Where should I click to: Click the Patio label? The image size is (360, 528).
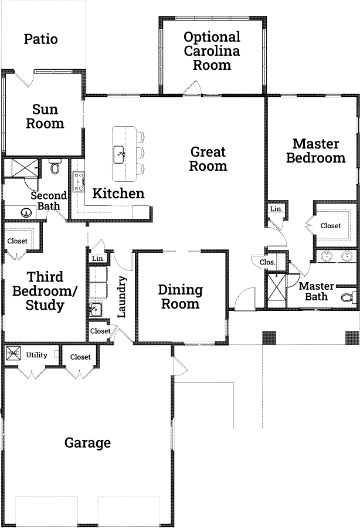(40, 39)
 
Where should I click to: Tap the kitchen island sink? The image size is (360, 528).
(119, 154)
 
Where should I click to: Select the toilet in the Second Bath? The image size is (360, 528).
(56, 167)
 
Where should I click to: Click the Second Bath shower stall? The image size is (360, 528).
(25, 167)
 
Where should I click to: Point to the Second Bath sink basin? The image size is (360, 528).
(25, 212)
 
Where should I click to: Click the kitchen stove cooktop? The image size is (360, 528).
(79, 182)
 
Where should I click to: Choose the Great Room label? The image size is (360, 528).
(208, 159)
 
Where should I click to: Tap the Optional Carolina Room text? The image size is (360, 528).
(212, 51)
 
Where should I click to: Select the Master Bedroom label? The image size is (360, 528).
(315, 151)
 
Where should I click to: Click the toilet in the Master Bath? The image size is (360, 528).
(348, 297)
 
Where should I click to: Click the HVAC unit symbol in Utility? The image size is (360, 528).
(13, 353)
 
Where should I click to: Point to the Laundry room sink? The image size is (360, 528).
(96, 309)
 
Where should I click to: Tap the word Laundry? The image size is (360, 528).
(121, 297)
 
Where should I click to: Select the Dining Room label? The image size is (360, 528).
(181, 297)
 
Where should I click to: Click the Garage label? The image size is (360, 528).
(87, 443)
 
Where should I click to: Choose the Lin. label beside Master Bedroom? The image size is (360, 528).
(276, 209)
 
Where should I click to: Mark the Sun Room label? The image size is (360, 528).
(45, 116)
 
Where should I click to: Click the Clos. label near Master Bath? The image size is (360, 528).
(267, 262)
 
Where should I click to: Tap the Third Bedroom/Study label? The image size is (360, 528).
(45, 291)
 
